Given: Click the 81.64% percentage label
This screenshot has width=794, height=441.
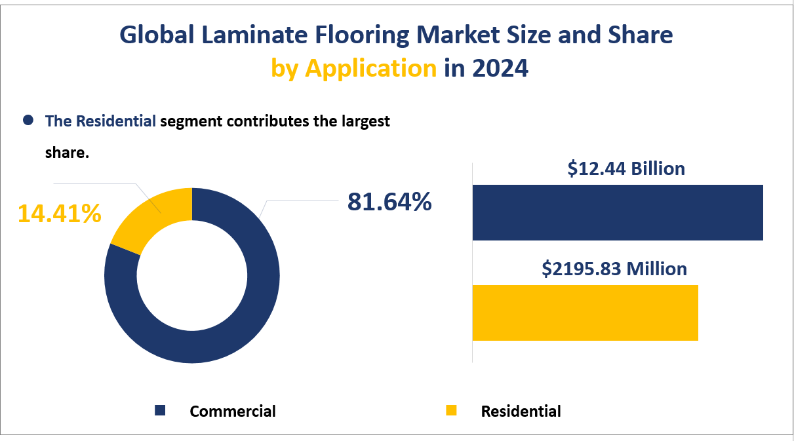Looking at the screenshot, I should (389, 202).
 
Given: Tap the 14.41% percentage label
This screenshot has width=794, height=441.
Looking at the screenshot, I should (59, 213).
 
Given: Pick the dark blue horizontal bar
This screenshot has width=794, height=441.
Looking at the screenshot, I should (618, 213).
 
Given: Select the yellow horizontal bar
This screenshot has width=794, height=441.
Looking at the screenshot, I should (585, 313).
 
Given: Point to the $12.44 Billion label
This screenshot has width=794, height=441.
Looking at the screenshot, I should (626, 168).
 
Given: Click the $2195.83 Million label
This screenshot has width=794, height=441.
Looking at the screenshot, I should (614, 269).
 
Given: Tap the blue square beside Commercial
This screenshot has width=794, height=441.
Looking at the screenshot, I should (160, 410).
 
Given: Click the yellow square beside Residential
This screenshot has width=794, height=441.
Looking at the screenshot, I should (450, 410).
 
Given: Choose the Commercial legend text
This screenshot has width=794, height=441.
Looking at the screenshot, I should (233, 412).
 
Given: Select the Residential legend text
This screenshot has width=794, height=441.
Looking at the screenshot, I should (521, 412).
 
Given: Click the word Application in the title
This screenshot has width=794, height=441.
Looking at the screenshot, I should (371, 68).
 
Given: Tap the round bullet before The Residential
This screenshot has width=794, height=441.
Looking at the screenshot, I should (28, 121).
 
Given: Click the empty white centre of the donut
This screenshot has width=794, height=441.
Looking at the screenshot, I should (192, 275).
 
